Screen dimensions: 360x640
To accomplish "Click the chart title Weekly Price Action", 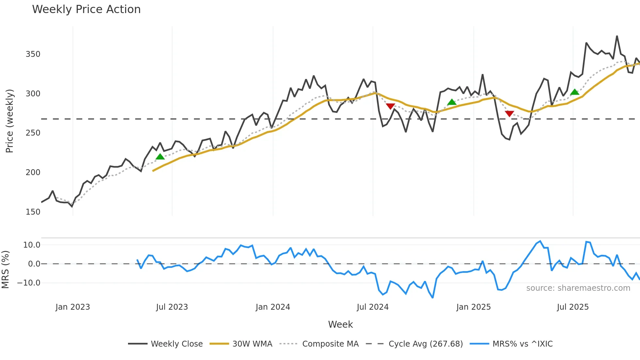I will (x=86, y=9).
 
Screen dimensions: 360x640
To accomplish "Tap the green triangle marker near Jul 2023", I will (x=160, y=157).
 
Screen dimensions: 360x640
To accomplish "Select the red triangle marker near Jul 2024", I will (x=391, y=106).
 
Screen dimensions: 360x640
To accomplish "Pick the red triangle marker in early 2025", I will (x=509, y=114).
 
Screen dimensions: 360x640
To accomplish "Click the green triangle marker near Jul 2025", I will (x=575, y=92).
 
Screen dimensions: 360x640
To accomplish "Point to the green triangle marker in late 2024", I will (x=452, y=102).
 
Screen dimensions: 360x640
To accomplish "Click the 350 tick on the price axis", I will (x=33, y=54).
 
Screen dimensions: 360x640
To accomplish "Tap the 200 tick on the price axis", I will (x=33, y=172).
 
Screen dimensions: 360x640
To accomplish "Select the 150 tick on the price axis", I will (x=33, y=212).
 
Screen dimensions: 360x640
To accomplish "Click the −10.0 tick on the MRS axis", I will (x=29, y=283).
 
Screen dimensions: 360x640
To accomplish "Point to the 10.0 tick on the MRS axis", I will (x=32, y=245).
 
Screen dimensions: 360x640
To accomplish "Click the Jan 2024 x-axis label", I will (x=273, y=307).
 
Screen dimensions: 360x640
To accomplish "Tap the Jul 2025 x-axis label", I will (x=573, y=307).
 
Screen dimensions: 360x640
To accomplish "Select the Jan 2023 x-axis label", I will (x=72, y=307).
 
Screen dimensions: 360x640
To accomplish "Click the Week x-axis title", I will (x=340, y=324).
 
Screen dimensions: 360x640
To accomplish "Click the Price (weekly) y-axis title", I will (x=9, y=121).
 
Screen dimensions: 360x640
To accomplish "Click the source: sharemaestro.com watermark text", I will (x=578, y=288).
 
